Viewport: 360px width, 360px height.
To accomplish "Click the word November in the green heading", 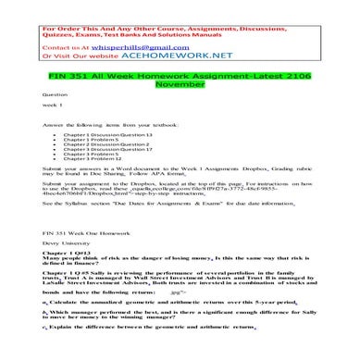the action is click(180, 81).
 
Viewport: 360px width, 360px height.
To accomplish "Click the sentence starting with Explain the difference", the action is click(167, 353).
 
